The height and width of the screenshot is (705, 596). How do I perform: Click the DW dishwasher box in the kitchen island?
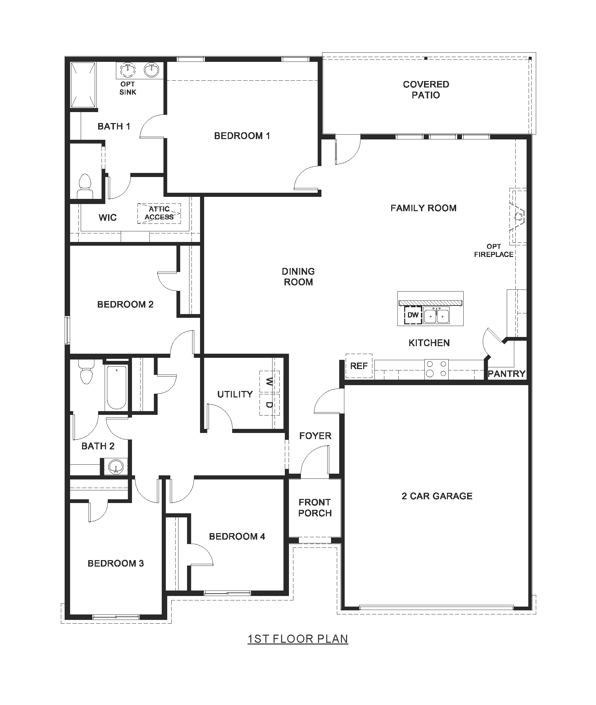(413, 315)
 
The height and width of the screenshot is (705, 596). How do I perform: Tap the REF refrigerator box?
(359, 366)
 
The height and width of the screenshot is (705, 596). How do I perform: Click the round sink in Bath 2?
(116, 467)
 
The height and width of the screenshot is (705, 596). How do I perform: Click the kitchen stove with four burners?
(436, 369)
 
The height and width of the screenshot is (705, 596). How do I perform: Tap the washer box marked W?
(269, 381)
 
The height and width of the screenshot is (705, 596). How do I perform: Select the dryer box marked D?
(269, 405)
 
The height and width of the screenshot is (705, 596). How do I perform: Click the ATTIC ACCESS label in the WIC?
(159, 213)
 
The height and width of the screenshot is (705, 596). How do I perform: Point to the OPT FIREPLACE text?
(494, 250)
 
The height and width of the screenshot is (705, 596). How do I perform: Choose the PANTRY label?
(506, 374)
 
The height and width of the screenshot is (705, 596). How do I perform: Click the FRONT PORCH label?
(315, 507)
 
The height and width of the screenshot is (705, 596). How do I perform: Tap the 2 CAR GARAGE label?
(437, 496)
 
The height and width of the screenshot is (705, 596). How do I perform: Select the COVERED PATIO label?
(426, 90)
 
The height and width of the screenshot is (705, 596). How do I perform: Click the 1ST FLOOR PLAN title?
(298, 639)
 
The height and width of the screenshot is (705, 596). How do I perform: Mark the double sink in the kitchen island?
(436, 315)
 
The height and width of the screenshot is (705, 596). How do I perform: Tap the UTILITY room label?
(235, 394)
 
